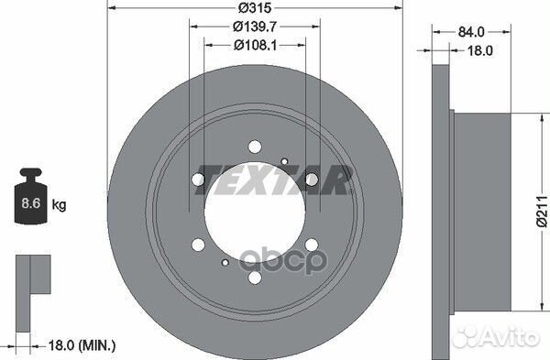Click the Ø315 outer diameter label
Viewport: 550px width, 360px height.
coord(255,7)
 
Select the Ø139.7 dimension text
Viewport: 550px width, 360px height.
coord(255,27)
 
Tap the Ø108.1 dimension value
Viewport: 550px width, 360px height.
coord(256,45)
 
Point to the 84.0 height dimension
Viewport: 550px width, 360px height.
coord(471,32)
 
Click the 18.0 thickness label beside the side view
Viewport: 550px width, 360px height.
coord(480,50)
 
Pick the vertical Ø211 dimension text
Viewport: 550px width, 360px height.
coord(542,212)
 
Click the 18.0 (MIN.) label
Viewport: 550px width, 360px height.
coord(82,345)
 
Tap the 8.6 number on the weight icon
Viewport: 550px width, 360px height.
coord(31,203)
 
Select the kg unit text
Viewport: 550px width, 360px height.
coord(59,204)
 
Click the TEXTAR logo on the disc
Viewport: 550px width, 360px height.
coord(273,180)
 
